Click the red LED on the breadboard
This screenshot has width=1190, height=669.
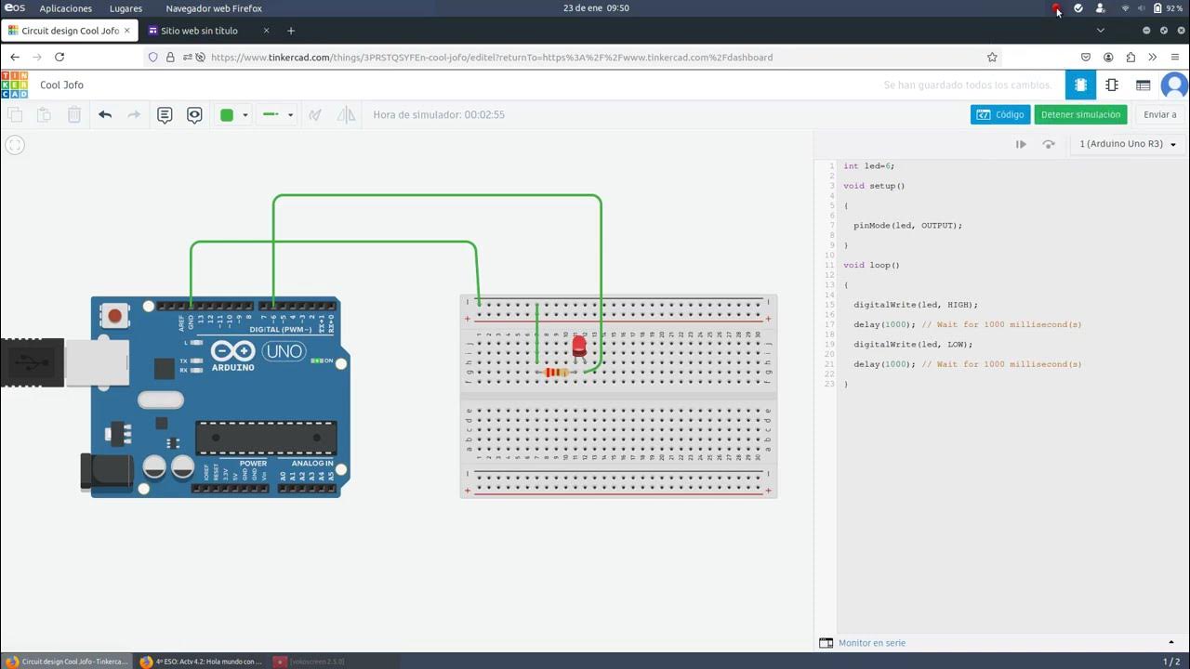(x=579, y=347)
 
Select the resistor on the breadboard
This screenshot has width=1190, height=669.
(x=556, y=373)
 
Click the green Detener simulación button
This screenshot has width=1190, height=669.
(x=1080, y=114)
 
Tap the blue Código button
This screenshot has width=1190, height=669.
(x=999, y=114)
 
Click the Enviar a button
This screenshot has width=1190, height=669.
(x=1159, y=114)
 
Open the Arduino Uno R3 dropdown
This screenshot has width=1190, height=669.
(x=1128, y=144)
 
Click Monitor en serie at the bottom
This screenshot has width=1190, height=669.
(x=871, y=643)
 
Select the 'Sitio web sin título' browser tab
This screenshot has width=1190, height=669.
(x=200, y=31)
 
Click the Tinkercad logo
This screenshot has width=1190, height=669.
(x=15, y=85)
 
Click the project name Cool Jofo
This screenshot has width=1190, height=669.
(x=62, y=85)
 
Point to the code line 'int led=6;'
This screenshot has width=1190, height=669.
(x=868, y=166)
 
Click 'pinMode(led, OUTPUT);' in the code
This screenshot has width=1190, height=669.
(x=907, y=226)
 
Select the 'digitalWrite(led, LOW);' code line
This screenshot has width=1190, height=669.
(x=913, y=345)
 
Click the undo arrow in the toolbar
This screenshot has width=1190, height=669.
(x=105, y=115)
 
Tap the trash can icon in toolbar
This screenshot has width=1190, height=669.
(x=74, y=115)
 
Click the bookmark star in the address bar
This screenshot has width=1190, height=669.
(x=992, y=57)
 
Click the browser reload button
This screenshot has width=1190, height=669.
(x=59, y=57)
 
